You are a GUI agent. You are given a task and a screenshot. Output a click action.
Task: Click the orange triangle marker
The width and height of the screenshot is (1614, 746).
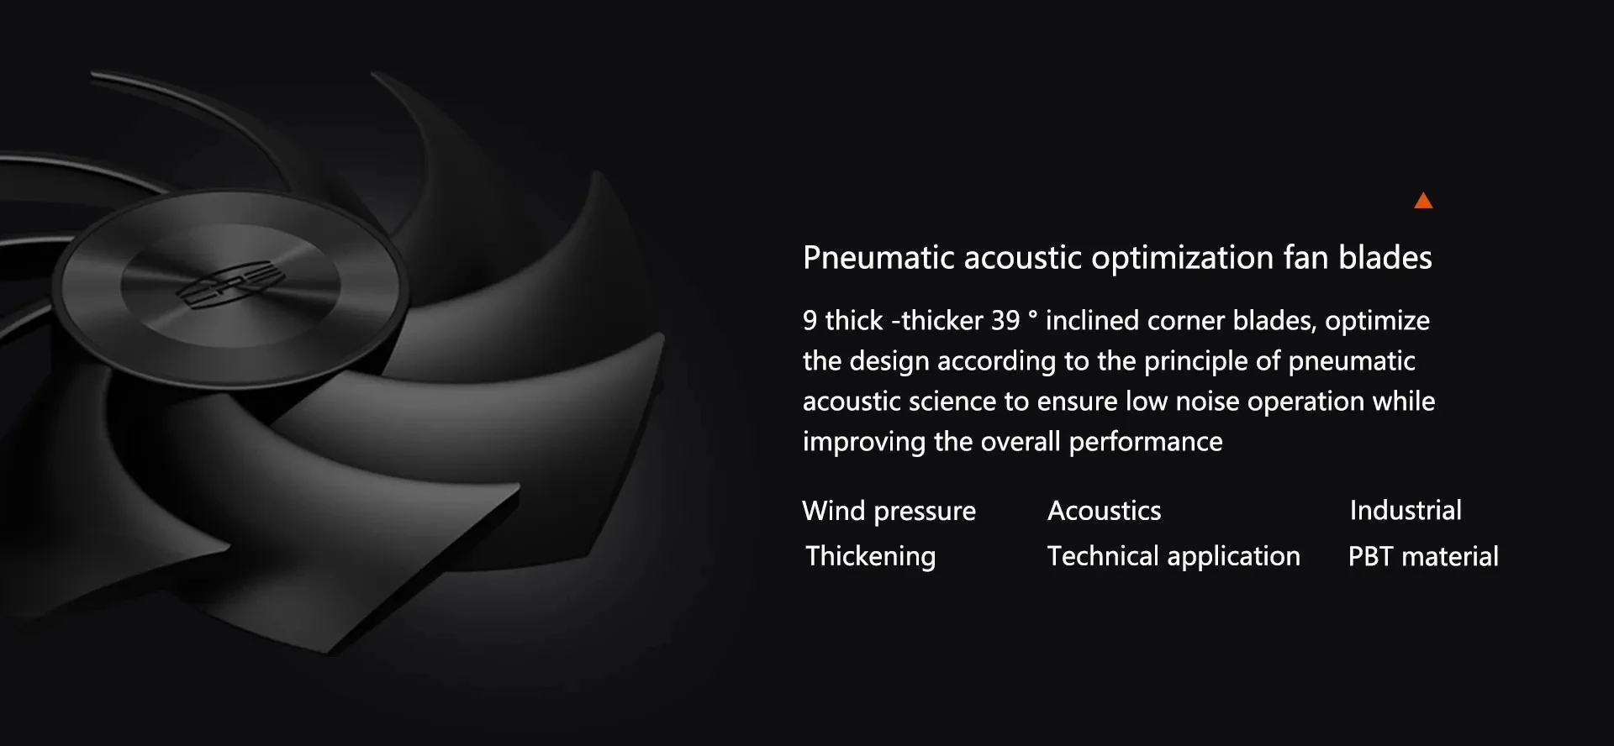coord(1423,201)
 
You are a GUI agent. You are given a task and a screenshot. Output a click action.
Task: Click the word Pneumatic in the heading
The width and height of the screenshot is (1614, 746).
coord(878,257)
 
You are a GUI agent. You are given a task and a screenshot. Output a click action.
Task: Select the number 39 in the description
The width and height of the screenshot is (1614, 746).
coord(1005,320)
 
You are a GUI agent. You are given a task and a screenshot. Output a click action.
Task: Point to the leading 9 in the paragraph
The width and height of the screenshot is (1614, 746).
coord(810,320)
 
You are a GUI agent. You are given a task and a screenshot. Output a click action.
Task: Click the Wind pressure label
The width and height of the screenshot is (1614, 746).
coord(889,511)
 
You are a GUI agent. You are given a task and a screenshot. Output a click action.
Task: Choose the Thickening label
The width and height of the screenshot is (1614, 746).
coord(870,556)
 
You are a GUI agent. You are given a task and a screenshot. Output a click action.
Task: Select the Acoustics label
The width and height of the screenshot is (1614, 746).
coord(1104,511)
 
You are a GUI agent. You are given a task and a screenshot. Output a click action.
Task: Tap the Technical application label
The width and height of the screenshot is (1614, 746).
coord(1174,556)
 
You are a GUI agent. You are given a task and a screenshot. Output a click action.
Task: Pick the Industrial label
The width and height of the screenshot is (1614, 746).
coord(1406,510)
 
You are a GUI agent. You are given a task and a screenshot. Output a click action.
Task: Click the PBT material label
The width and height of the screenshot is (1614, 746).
coord(1423,556)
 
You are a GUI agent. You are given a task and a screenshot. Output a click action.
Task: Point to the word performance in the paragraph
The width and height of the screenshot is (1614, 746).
coord(1145,442)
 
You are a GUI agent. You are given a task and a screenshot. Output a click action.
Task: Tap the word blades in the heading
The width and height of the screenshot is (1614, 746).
coord(1385,257)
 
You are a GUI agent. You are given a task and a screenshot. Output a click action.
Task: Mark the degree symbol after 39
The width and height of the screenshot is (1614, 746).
coord(1032,315)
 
